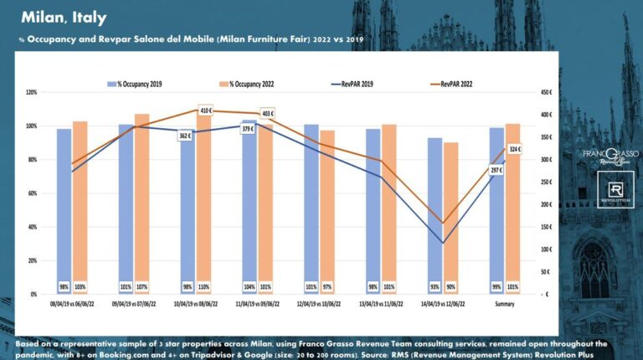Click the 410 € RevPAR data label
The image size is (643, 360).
click(x=206, y=110)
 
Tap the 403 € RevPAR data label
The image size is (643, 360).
click(x=268, y=113)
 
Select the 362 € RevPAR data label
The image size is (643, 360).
click(x=185, y=135)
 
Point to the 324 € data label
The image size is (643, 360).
click(x=514, y=149)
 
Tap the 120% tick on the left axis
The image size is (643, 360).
click(x=32, y=92)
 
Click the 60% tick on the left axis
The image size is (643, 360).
click(x=33, y=193)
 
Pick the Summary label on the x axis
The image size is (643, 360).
click(x=505, y=304)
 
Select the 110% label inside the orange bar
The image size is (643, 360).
click(x=203, y=286)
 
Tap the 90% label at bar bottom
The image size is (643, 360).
click(x=451, y=286)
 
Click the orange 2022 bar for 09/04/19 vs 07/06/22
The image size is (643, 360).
click(x=142, y=201)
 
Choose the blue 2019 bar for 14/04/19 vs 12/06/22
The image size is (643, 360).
click(x=435, y=213)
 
